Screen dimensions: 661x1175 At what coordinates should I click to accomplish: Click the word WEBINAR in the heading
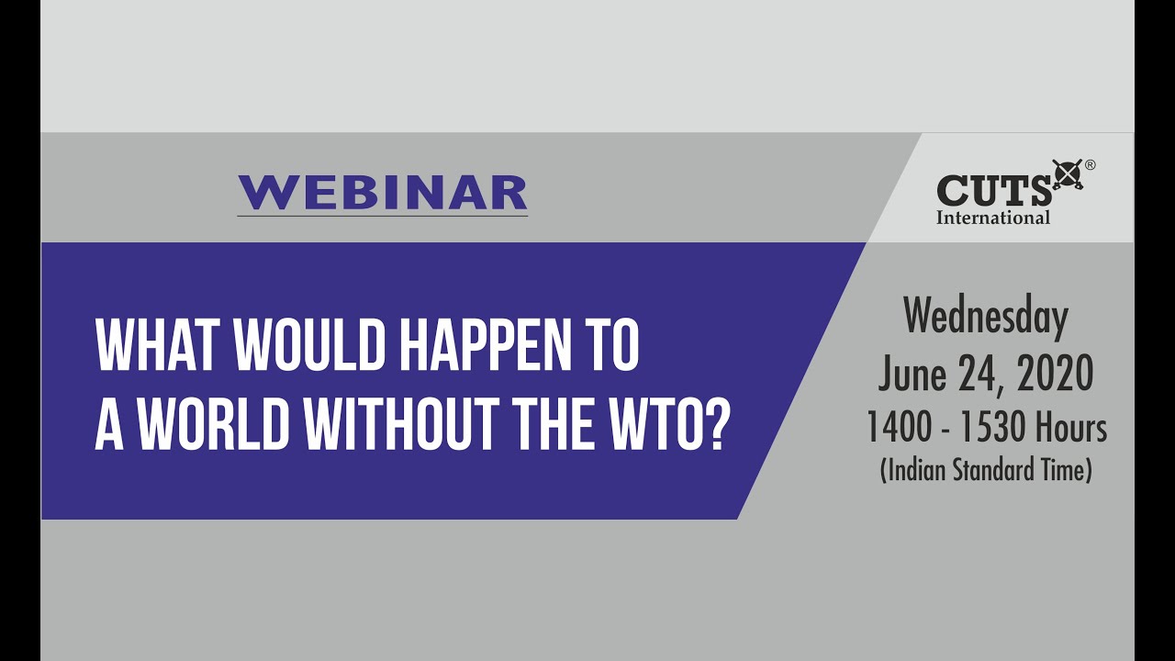pos(382,193)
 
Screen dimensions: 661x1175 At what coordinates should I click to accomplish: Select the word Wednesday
pos(986,318)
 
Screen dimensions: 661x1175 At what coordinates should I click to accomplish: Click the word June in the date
pos(912,374)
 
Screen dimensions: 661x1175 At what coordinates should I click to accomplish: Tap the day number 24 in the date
pos(979,374)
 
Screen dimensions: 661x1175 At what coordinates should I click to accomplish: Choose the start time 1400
pos(900,428)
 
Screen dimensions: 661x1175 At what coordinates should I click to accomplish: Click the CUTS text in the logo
pos(994,191)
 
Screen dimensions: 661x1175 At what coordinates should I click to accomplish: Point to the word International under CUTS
pos(993,218)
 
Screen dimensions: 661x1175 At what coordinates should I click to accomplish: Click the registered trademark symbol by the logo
pos(1090,166)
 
